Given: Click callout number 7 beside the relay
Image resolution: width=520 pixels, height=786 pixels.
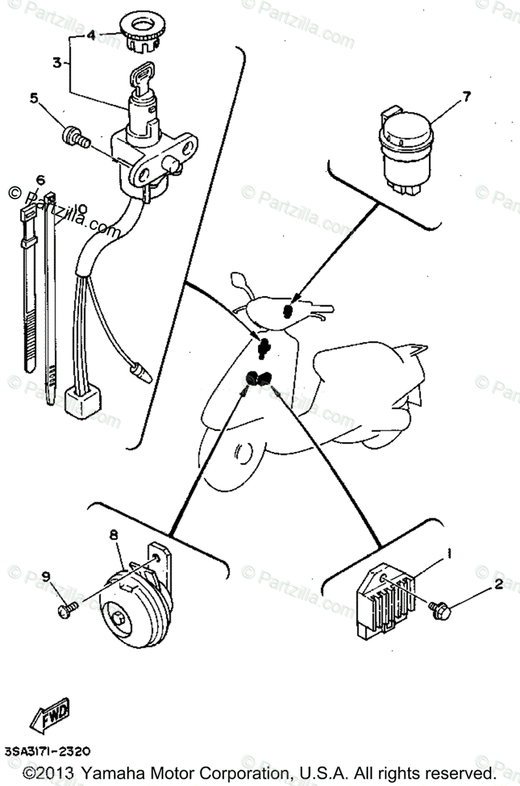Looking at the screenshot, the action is point(466,97).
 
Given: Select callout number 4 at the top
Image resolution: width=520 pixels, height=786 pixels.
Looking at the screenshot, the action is point(91,35).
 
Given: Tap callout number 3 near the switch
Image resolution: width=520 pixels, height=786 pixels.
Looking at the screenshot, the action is point(57,63).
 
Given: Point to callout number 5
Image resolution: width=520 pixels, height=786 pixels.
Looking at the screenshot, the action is point(33,99).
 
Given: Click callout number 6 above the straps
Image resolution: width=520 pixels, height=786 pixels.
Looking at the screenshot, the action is point(40,179).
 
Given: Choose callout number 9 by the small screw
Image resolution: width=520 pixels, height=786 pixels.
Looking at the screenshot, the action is point(46,576).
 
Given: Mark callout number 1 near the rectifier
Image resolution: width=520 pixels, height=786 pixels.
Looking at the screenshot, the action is point(449,554).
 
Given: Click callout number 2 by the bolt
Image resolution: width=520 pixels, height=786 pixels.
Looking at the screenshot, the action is point(498,585).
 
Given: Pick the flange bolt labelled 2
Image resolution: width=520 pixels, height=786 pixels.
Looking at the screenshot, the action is point(437,610).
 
